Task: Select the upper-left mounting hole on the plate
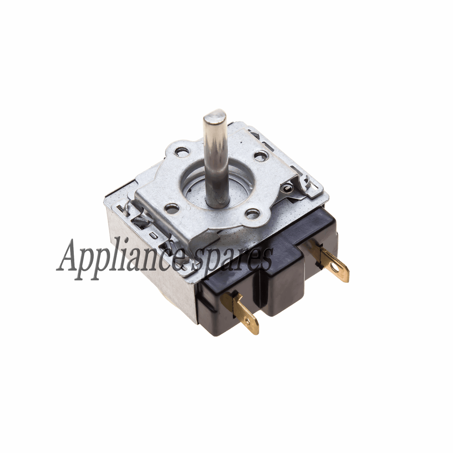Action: tap(182, 151)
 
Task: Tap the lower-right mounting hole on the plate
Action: tap(252, 215)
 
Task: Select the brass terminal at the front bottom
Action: tap(239, 312)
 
